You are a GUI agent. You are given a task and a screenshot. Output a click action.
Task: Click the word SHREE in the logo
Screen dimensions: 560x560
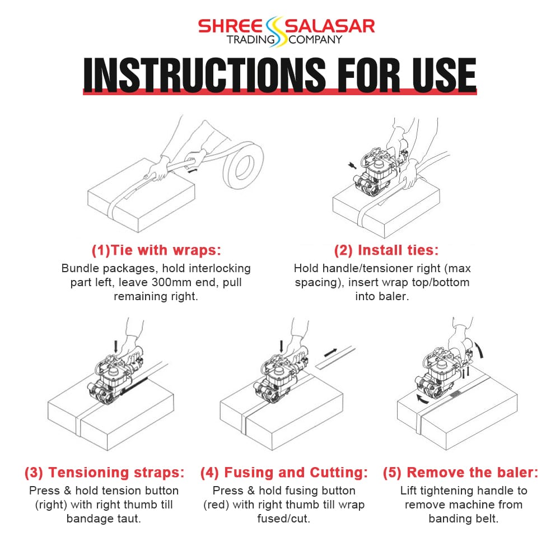click(230, 26)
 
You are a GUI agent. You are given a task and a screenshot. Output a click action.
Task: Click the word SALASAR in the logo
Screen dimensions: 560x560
click(330, 26)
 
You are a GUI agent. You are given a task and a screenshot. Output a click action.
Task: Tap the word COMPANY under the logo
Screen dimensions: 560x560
click(315, 40)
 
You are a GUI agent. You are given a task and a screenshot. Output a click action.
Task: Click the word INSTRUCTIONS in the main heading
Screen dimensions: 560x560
click(204, 74)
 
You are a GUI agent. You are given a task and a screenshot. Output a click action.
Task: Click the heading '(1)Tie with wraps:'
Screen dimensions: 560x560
click(156, 250)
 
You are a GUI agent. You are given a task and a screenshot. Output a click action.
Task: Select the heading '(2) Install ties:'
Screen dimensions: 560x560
click(386, 250)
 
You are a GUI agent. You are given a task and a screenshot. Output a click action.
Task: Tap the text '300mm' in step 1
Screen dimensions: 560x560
click(167, 282)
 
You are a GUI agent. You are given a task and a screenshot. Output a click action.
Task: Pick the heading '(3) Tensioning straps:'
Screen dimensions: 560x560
click(104, 472)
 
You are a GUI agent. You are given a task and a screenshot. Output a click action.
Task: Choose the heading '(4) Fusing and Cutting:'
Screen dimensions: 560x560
click(284, 472)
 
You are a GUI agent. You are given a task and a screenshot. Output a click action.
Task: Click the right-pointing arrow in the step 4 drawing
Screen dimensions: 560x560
click(330, 353)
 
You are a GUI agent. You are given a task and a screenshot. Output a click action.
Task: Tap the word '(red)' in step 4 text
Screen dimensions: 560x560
click(216, 505)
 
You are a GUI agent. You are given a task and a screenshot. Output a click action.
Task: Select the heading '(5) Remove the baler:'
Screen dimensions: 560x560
click(460, 472)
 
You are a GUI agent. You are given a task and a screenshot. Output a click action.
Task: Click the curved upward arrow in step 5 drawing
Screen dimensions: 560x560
click(479, 348)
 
